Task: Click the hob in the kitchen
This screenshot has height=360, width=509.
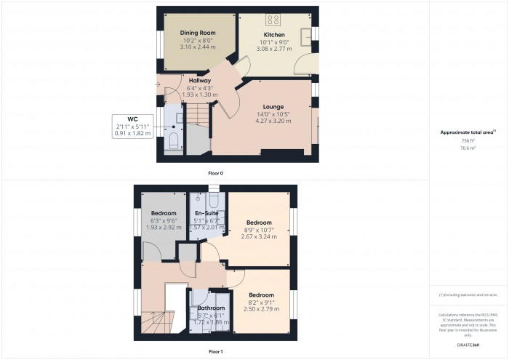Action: coord(275,20)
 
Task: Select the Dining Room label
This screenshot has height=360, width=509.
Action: coord(199,33)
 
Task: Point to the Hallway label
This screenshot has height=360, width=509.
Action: coord(199,81)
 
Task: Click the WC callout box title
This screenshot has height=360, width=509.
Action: coord(132,119)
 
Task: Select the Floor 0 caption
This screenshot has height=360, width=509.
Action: coord(215,174)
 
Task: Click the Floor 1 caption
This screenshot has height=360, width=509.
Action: coord(215,351)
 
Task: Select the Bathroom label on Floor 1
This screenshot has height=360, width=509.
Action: coord(211,308)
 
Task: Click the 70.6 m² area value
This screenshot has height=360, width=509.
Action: coord(468,148)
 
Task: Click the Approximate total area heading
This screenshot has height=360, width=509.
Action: coord(468,132)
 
